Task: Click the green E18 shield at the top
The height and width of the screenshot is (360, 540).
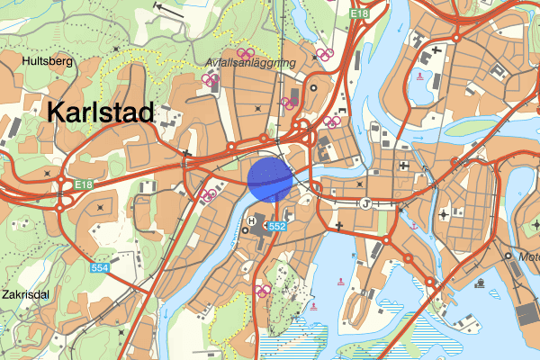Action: tap(360, 14)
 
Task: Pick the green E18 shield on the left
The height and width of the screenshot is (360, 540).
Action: tap(84, 184)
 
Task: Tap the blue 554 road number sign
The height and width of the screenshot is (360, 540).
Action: tap(101, 268)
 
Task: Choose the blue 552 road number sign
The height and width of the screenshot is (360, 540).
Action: tap(277, 226)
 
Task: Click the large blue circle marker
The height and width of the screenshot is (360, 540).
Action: tap(269, 177)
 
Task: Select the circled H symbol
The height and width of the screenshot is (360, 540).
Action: tap(251, 221)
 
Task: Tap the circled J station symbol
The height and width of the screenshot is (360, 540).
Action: tap(365, 203)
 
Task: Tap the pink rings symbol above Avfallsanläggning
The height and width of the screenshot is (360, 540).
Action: tap(245, 52)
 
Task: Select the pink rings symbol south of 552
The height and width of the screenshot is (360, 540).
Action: tap(264, 290)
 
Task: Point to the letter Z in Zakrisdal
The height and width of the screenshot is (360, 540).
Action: tap(6, 293)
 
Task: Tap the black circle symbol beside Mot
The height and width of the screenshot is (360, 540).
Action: tap(509, 255)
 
